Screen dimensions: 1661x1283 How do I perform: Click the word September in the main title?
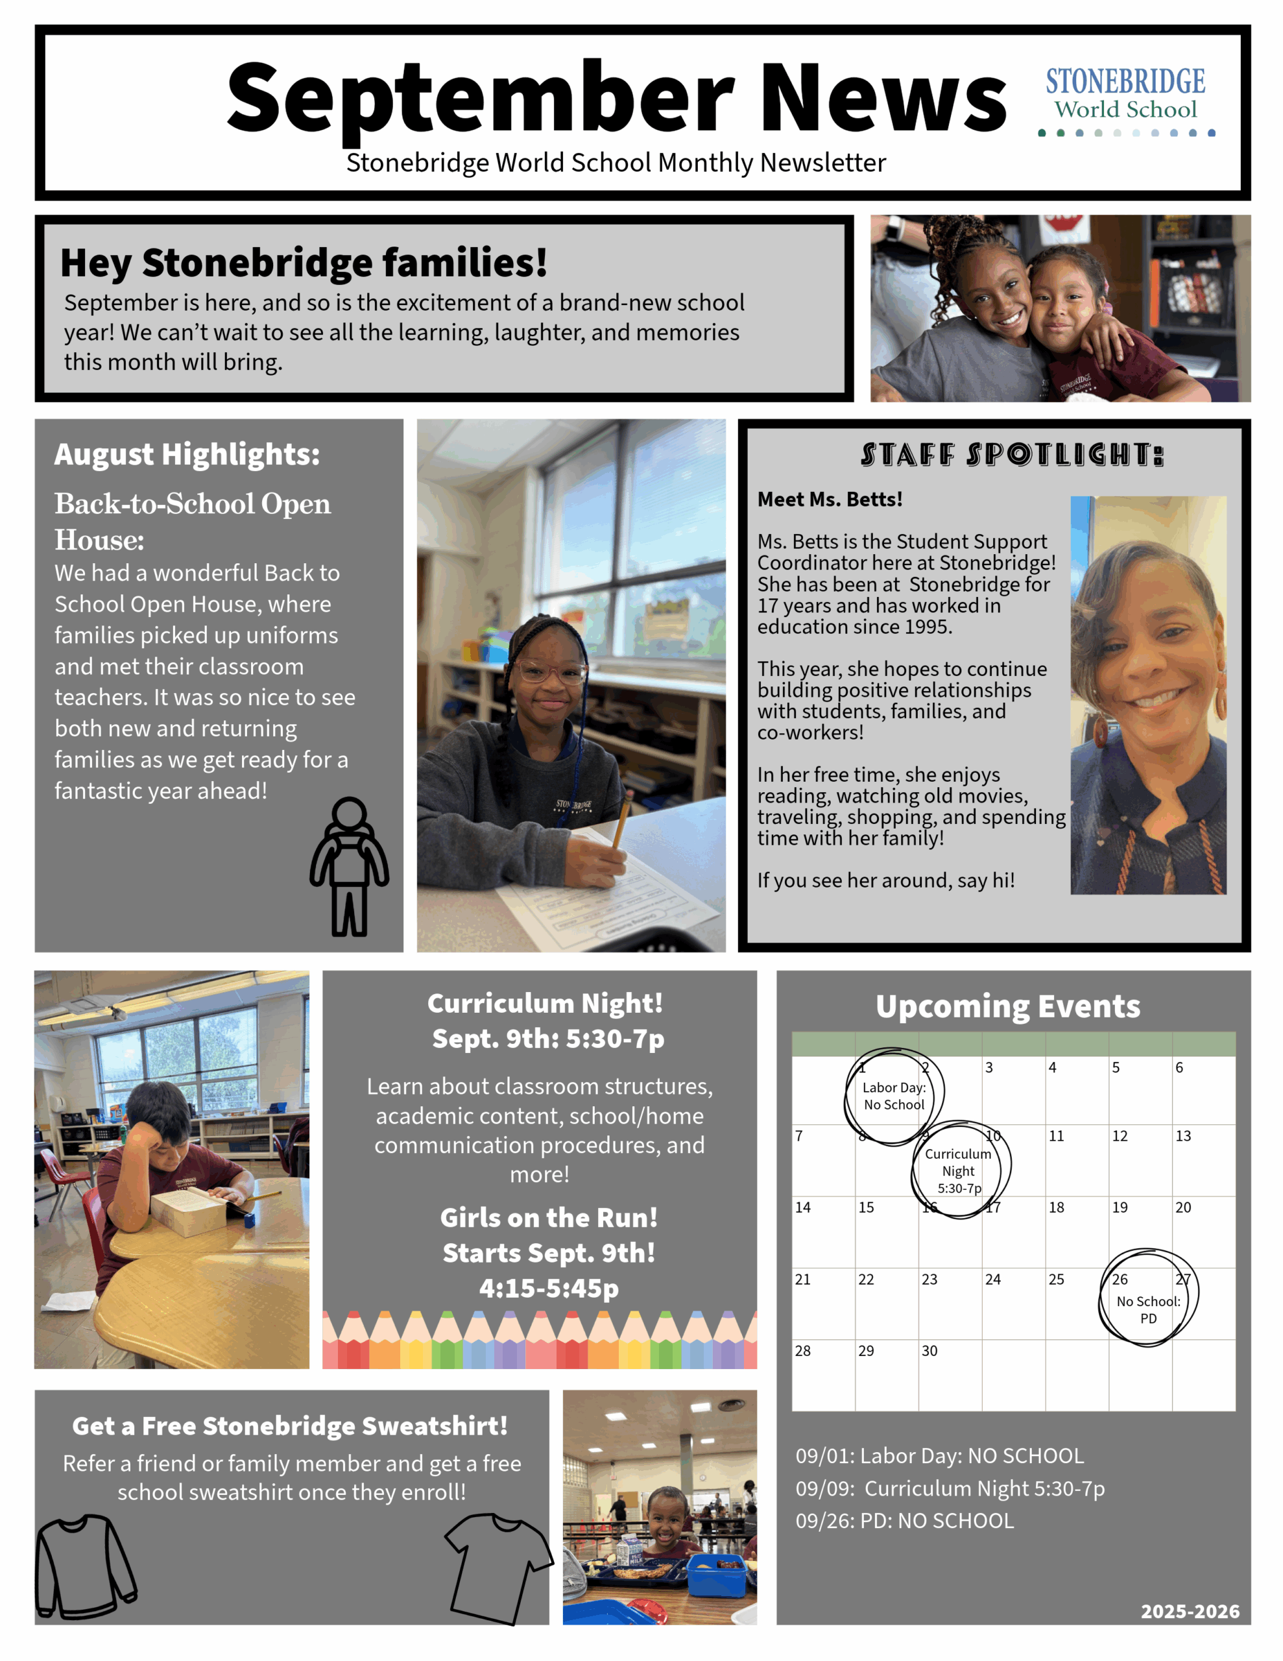pyautogui.click(x=479, y=99)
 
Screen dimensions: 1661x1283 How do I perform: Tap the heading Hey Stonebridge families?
pyautogui.click(x=304, y=263)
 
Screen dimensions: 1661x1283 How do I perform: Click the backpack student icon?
pyautogui.click(x=349, y=866)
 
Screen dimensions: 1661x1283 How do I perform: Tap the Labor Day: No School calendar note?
pyautogui.click(x=894, y=1096)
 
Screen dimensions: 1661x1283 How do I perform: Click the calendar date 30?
pyautogui.click(x=929, y=1351)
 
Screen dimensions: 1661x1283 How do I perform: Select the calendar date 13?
pyautogui.click(x=1182, y=1136)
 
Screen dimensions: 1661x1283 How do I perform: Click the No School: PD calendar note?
pyautogui.click(x=1147, y=1309)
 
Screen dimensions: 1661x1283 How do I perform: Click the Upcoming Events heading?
pyautogui.click(x=1008, y=1006)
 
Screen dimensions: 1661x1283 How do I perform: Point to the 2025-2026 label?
pyautogui.click(x=1190, y=1612)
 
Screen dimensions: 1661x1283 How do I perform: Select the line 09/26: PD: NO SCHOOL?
pyautogui.click(x=904, y=1520)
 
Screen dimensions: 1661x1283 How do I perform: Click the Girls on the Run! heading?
pyautogui.click(x=548, y=1218)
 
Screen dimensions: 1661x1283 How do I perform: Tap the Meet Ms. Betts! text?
pyautogui.click(x=830, y=500)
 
